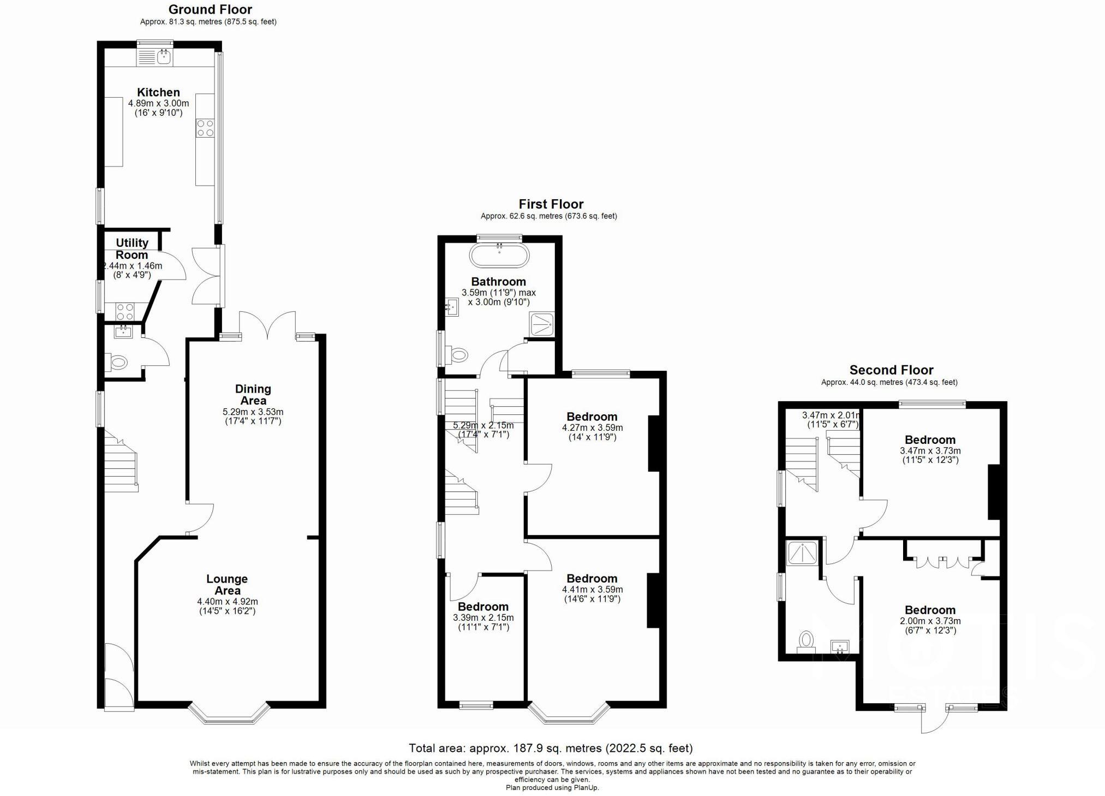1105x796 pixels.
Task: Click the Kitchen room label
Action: (158, 92)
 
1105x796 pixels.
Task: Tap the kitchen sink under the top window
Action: (164, 56)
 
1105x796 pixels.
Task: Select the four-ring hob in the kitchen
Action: (205, 128)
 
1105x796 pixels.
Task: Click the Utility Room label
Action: (132, 248)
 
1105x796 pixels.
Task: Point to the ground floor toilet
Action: (118, 361)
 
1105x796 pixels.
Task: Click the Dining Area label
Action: (253, 394)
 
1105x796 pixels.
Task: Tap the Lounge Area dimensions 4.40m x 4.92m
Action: (228, 602)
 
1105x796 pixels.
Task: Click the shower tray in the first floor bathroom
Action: (542, 324)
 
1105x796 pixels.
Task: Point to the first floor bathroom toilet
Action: (458, 355)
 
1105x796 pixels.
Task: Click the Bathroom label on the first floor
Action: (499, 282)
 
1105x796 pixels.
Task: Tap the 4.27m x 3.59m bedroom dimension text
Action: (592, 428)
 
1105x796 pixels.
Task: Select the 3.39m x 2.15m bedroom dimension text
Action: (483, 617)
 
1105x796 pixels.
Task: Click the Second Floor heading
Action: (891, 370)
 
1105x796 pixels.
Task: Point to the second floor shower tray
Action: (802, 553)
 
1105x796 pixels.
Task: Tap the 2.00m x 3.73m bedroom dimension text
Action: (930, 621)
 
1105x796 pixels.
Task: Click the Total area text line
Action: (551, 748)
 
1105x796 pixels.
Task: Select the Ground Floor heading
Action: (210, 9)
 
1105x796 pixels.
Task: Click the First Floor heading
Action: (551, 204)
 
